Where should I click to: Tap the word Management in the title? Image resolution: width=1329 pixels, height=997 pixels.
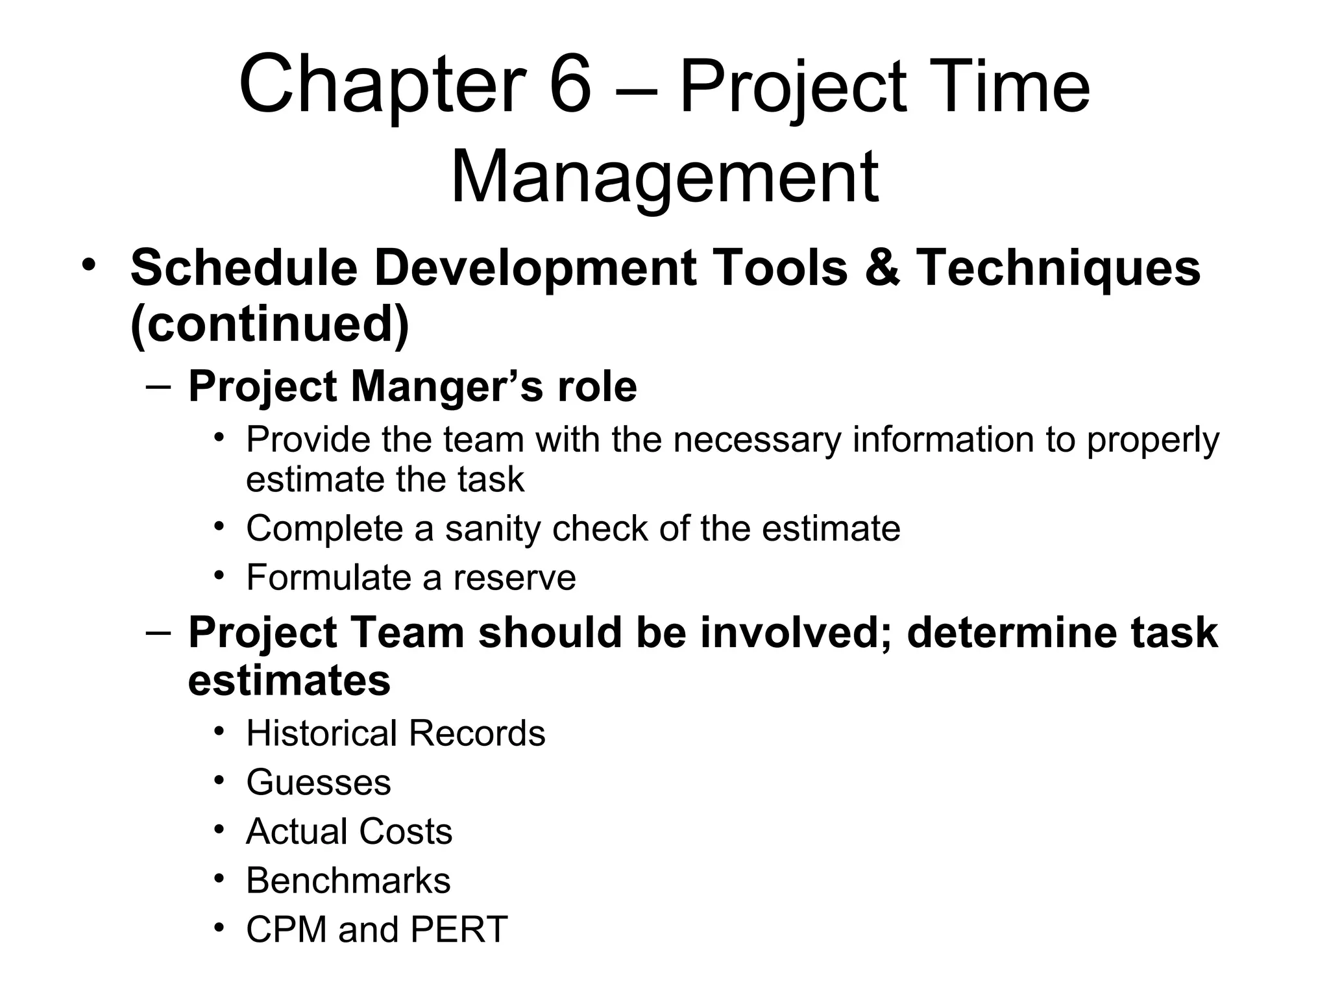[x=664, y=177]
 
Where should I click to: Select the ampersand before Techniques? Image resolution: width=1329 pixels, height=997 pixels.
[x=882, y=267]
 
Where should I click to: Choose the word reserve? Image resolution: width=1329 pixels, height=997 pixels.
[x=514, y=577]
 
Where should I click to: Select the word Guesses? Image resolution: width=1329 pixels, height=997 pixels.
[x=319, y=782]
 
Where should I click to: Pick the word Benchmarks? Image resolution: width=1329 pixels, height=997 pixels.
[x=348, y=880]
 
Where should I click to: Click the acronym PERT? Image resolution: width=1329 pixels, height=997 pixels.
[x=459, y=929]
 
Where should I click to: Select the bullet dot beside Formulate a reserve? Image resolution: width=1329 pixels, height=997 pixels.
[x=219, y=574]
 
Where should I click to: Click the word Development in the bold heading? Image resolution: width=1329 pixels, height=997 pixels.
[x=535, y=267]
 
